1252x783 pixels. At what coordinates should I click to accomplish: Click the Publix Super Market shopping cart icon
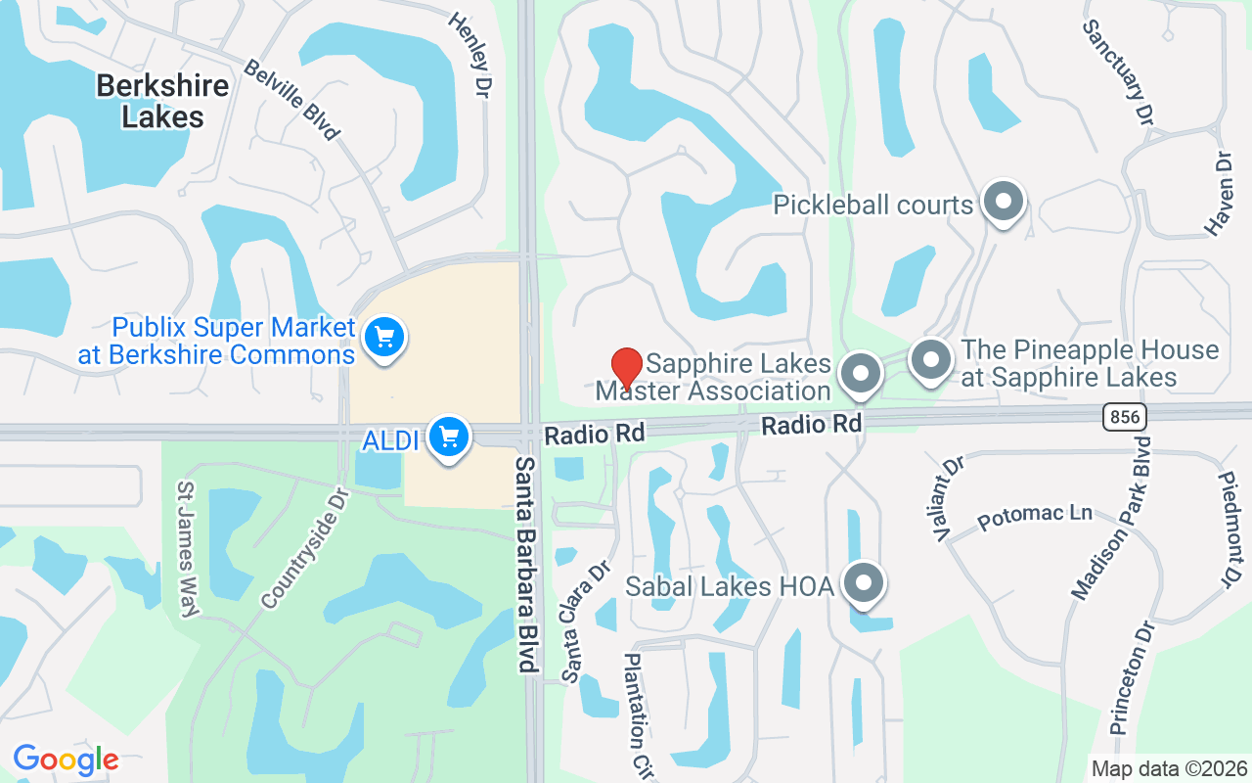(x=384, y=339)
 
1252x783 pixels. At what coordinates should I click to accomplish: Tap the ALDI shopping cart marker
(x=449, y=436)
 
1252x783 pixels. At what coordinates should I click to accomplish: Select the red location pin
(x=626, y=368)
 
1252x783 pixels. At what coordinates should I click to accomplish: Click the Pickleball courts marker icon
(x=1003, y=203)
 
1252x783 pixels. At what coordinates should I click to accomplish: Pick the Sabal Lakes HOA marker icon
(x=864, y=583)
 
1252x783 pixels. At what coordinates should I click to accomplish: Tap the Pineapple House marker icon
(x=931, y=360)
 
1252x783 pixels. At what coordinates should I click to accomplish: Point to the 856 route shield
(x=1124, y=417)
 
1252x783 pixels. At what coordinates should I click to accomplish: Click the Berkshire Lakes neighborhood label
(x=162, y=101)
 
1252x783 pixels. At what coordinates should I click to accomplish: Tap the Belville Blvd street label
(x=291, y=99)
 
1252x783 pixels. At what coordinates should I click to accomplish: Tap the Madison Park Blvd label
(x=1112, y=518)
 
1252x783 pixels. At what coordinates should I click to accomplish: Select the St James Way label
(x=188, y=548)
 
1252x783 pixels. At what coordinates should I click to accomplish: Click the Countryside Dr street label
(x=306, y=548)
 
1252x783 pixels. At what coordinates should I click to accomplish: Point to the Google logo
(x=66, y=759)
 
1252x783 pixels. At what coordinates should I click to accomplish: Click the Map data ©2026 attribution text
(x=1169, y=768)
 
